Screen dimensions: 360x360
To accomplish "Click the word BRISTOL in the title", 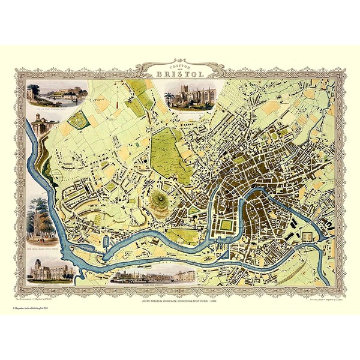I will click(180, 74).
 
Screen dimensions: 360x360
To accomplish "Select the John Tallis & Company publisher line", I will click(180, 292).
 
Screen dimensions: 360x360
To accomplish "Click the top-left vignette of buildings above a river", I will click(57, 94).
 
